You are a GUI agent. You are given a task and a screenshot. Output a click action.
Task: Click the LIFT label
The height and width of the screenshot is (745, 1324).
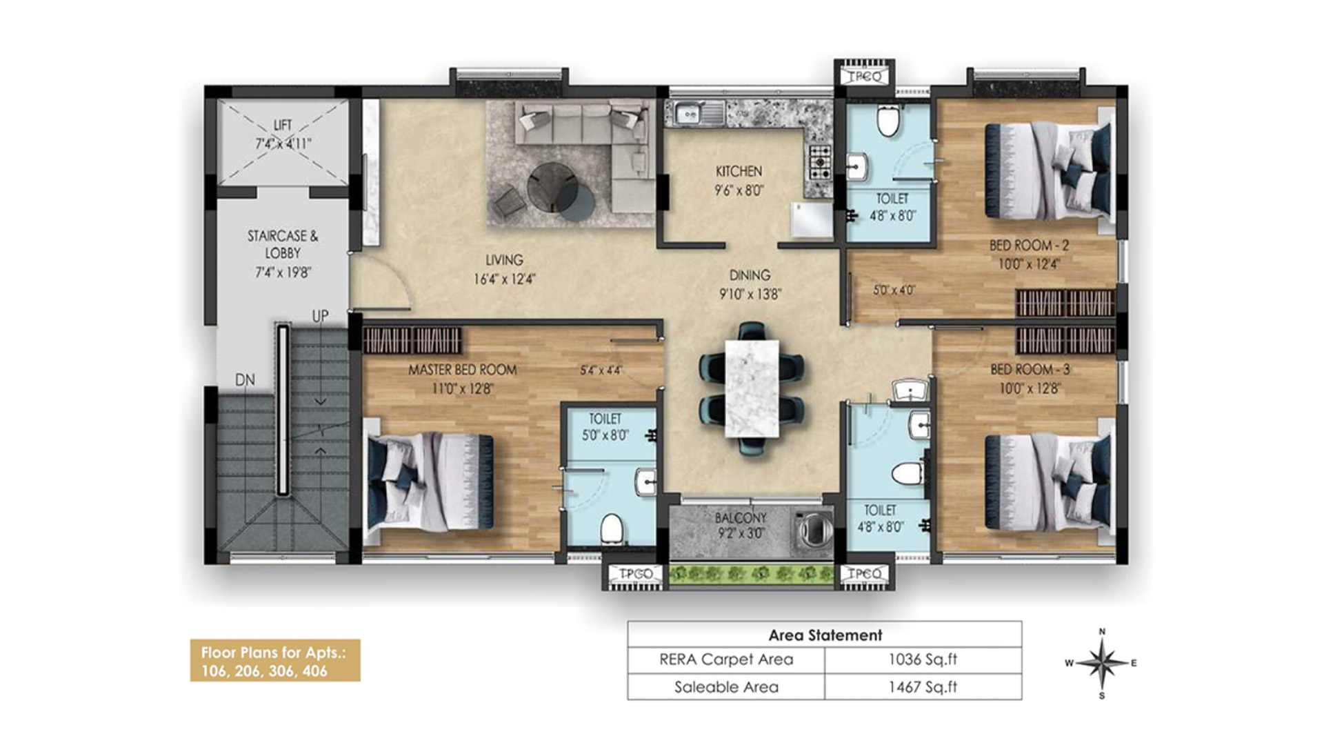283,125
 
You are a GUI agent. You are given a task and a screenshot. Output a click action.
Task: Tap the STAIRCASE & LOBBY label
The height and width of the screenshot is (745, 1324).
283,244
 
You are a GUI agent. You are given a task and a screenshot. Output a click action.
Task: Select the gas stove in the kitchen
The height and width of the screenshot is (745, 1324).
820,162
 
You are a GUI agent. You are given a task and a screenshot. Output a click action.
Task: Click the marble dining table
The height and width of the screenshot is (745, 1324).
752,388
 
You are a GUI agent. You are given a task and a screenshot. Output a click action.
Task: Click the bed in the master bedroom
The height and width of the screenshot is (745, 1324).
428,481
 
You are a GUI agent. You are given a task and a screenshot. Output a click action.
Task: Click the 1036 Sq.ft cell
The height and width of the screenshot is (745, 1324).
923,659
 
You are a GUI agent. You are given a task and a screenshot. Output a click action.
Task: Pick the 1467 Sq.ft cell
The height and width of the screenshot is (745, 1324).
923,687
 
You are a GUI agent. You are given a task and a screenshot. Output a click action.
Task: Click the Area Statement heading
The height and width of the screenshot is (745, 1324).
825,635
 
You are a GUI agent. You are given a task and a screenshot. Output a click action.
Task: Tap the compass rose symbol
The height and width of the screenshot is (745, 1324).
1102,664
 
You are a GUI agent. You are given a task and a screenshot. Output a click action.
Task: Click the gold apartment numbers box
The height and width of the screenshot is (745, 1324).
275,661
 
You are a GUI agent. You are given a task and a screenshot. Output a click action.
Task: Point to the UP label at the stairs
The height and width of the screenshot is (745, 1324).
320,316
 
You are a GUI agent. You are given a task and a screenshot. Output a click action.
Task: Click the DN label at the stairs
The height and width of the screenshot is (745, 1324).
245,380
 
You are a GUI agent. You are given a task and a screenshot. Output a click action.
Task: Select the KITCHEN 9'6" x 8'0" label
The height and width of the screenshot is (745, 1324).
739,180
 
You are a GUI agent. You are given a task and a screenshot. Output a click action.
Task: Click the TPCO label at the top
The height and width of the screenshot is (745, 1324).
865,77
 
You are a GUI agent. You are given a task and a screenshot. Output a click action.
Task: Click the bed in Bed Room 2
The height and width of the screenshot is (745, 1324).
1050,170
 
